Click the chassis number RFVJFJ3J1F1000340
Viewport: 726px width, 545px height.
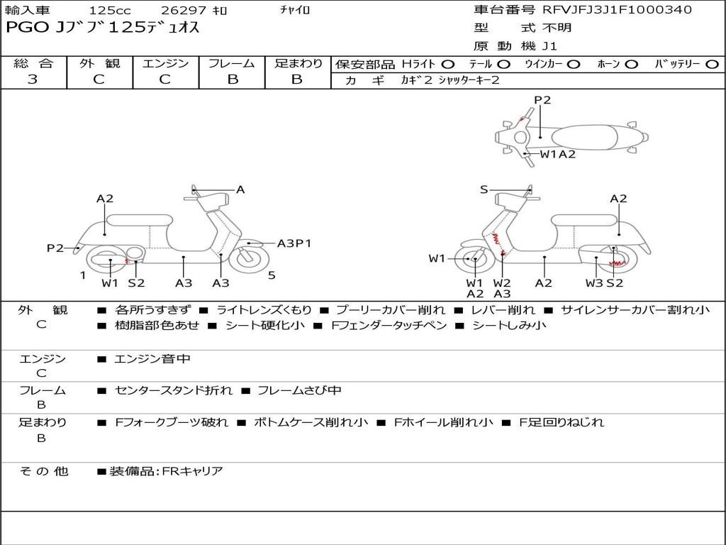[x=617, y=10]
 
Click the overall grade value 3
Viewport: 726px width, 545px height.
[x=33, y=79]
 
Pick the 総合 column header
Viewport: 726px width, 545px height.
[x=33, y=63]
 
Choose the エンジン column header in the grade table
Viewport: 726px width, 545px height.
[x=165, y=63]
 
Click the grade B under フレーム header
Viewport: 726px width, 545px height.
[x=232, y=79]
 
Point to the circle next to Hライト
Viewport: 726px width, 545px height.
[x=448, y=64]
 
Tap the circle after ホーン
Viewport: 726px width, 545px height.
[x=631, y=64]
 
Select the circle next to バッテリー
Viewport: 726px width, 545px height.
[x=713, y=64]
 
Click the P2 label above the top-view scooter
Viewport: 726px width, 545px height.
[x=542, y=100]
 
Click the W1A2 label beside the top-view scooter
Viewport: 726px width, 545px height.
[x=558, y=154]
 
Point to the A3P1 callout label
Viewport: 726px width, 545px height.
[x=294, y=243]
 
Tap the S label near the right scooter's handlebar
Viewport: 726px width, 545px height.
[x=484, y=189]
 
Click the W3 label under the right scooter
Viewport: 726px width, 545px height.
[x=594, y=283]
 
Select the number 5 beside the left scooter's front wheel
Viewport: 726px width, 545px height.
[x=272, y=275]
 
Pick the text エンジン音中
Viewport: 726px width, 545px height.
[x=152, y=359]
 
